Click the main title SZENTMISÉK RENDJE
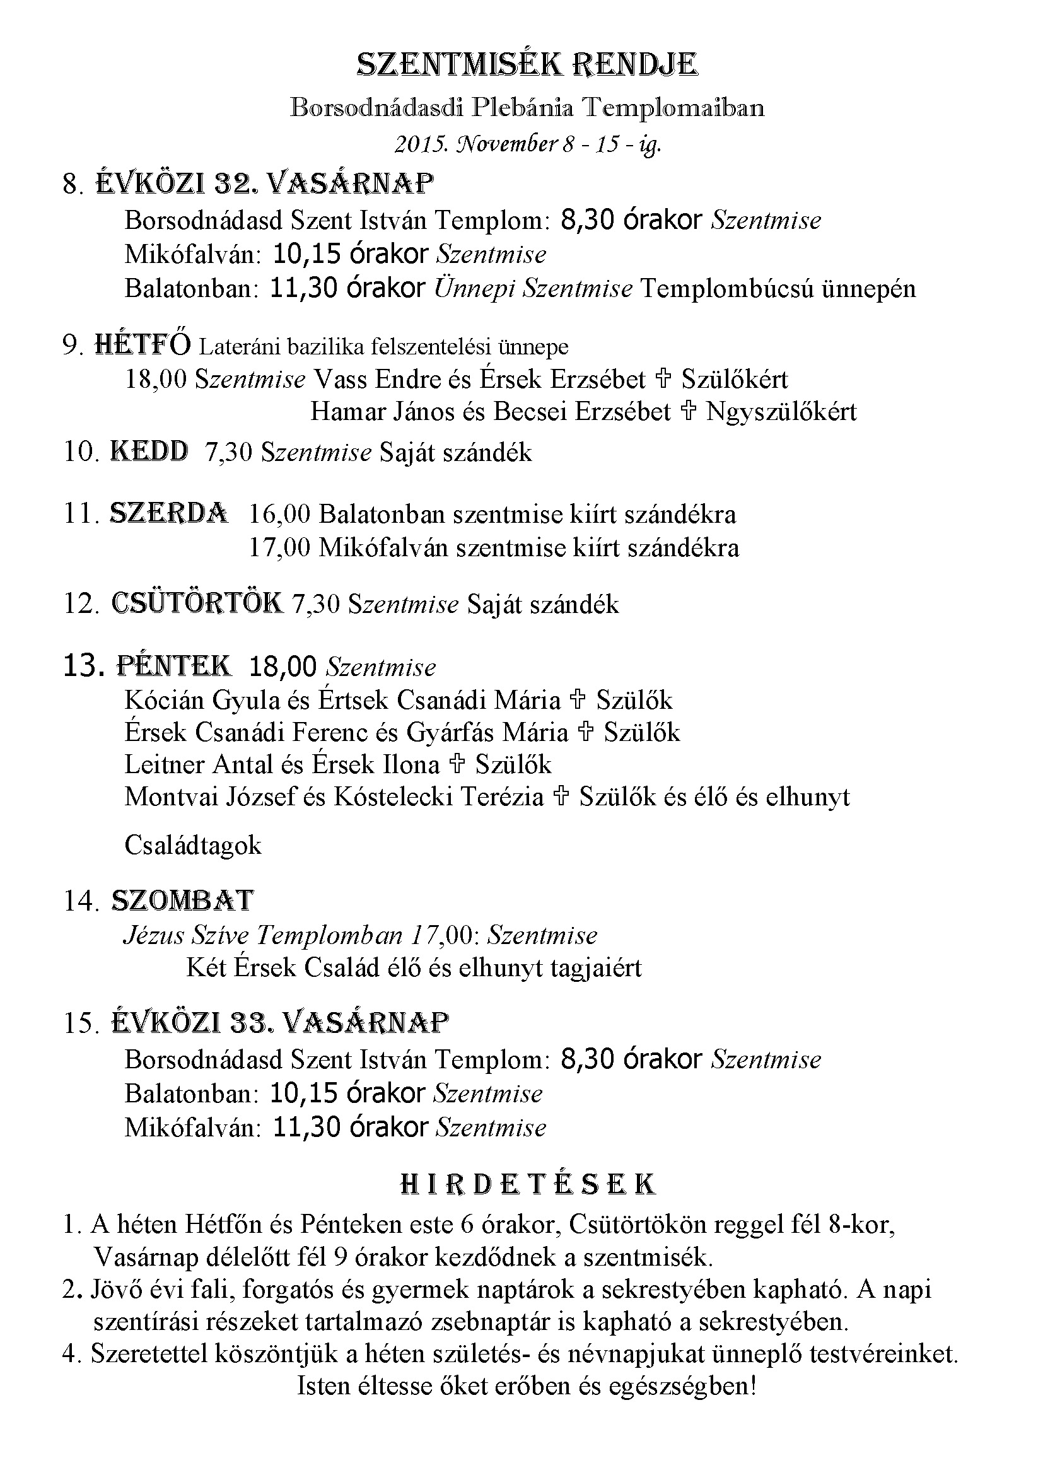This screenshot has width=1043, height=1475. pos(527,65)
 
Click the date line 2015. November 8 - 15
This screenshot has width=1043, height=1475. pos(527,144)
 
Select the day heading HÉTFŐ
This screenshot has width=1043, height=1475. pos(143,345)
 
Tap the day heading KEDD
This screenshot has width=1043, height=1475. pos(149,452)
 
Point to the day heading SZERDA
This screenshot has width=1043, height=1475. pos(168,513)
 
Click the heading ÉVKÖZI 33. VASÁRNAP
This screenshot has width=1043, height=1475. pos(280,1022)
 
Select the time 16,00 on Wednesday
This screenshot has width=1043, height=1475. pos(279,514)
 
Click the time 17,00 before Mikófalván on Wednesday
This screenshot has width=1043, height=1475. pos(279,547)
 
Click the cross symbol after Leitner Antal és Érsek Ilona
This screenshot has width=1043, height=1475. pos(457,764)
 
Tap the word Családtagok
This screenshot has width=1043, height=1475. pos(193,845)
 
